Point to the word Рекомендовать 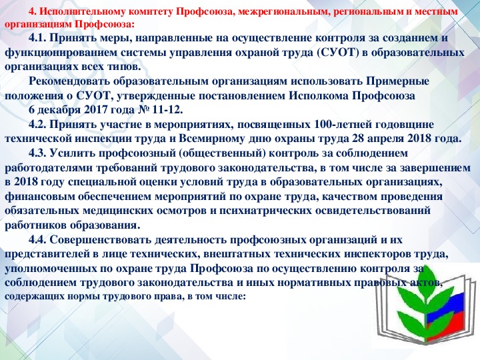pyautogui.click(x=69, y=82)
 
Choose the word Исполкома pyautogui.click(x=319, y=96)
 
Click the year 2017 pyautogui.click(x=95, y=110)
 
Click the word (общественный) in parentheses pyautogui.click(x=222, y=154)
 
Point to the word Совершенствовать pyautogui.click(x=101, y=240)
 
